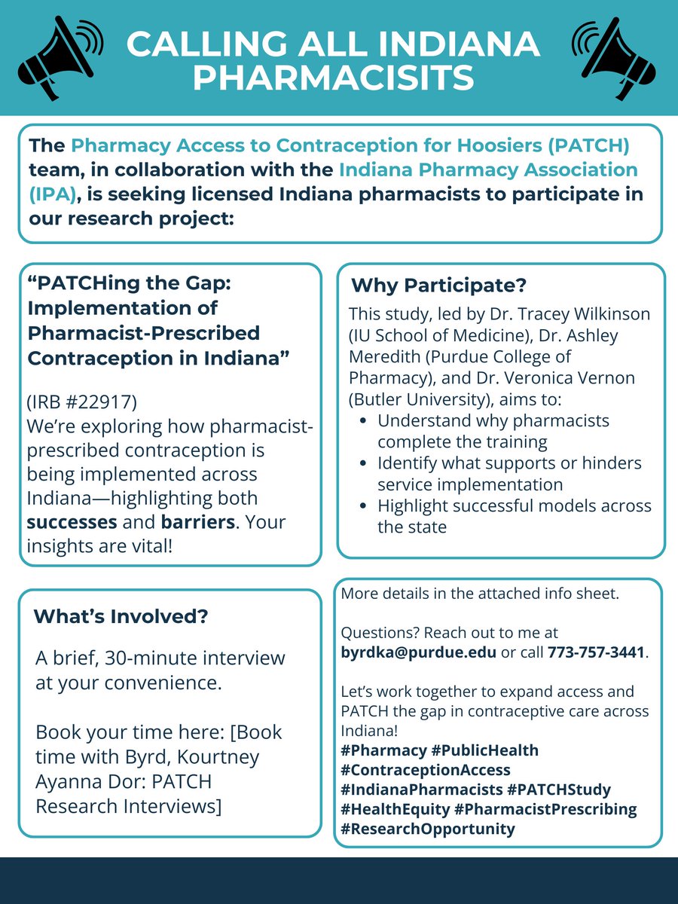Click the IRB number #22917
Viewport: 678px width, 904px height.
click(97, 405)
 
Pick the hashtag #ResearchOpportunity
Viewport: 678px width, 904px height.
click(428, 829)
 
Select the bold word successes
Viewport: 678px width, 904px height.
click(71, 522)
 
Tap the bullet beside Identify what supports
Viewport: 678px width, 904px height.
click(365, 463)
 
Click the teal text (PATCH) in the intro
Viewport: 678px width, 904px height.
click(587, 144)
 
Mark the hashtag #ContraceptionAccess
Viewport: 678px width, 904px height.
click(426, 770)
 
